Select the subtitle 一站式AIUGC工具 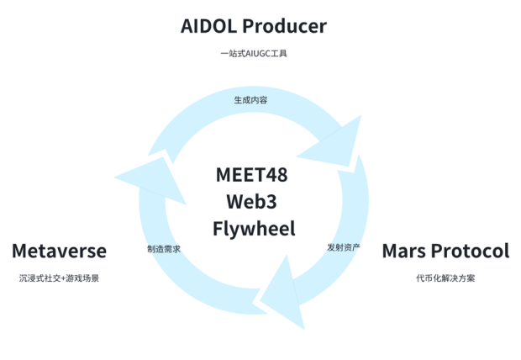coord(253,55)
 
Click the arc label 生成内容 coord(250,100)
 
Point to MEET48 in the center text coord(251,175)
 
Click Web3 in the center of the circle coord(251,202)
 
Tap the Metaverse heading coord(59,251)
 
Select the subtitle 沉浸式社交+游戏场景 coord(59,278)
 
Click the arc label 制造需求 coord(163,249)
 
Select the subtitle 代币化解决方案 coord(445,278)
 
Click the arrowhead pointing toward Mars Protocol coord(334,143)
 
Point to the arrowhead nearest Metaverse coord(147,177)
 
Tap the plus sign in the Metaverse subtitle coord(62,278)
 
